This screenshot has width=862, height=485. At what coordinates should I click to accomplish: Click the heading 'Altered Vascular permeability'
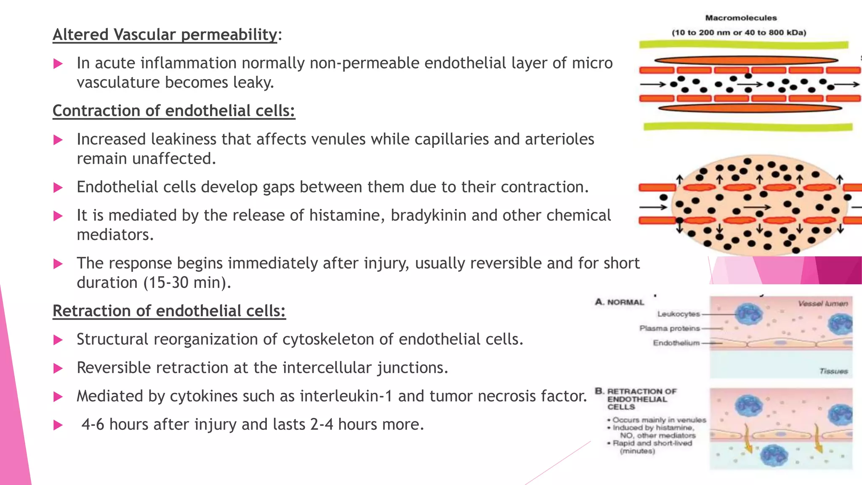click(x=165, y=35)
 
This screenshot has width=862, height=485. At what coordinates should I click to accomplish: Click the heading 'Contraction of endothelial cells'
click(x=173, y=111)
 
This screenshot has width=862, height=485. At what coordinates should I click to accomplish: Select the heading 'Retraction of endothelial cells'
click(x=169, y=311)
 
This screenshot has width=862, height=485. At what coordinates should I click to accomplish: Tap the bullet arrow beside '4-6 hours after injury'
click(x=58, y=425)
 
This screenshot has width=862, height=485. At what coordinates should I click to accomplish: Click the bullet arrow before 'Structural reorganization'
click(x=58, y=340)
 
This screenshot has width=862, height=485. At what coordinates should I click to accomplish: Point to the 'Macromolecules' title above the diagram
click(x=741, y=18)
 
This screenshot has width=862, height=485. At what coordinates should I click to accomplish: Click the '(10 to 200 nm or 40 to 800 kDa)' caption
click(x=739, y=33)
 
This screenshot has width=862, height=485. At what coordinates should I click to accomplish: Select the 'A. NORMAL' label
click(x=620, y=302)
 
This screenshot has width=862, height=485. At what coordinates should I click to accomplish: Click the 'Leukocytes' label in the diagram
click(x=678, y=314)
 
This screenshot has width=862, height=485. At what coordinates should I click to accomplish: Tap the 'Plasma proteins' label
click(x=669, y=328)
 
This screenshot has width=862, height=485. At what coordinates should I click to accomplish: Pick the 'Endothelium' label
click(x=676, y=343)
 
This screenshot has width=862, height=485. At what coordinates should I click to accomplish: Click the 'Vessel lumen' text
click(x=822, y=304)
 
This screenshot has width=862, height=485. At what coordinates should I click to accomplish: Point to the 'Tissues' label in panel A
click(x=833, y=371)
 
